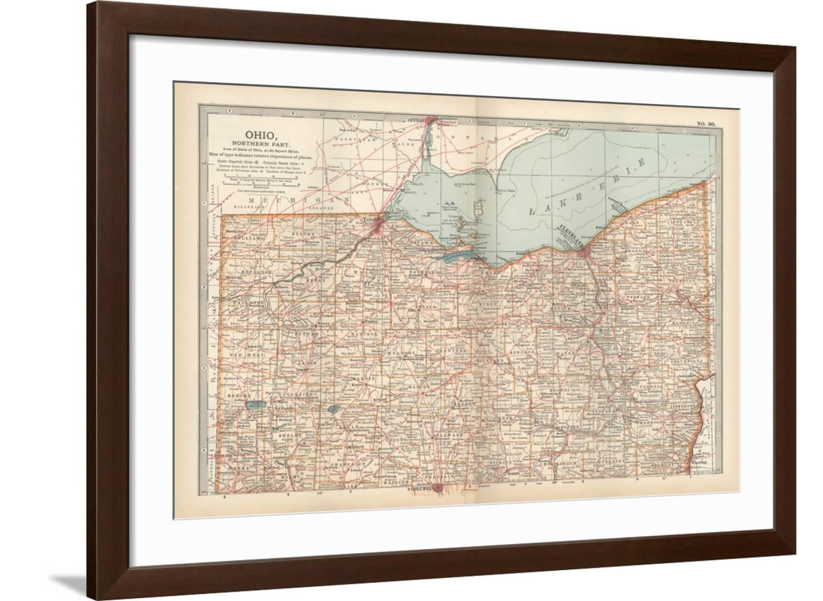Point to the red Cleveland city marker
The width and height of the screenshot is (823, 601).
click(585, 252)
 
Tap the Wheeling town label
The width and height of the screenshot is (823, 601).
click(700, 462)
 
